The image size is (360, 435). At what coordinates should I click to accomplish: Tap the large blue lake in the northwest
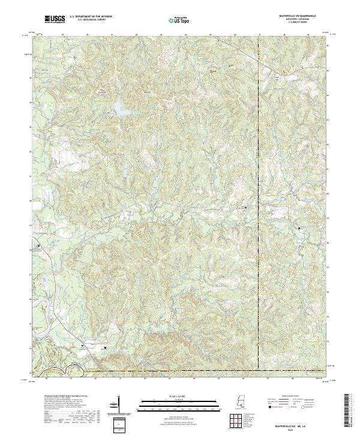120,109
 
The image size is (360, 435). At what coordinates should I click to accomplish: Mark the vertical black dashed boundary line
259,180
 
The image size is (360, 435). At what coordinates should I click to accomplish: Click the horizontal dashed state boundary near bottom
180,371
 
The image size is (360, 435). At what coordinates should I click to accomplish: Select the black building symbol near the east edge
301,228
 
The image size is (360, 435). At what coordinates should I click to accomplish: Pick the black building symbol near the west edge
40,246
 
